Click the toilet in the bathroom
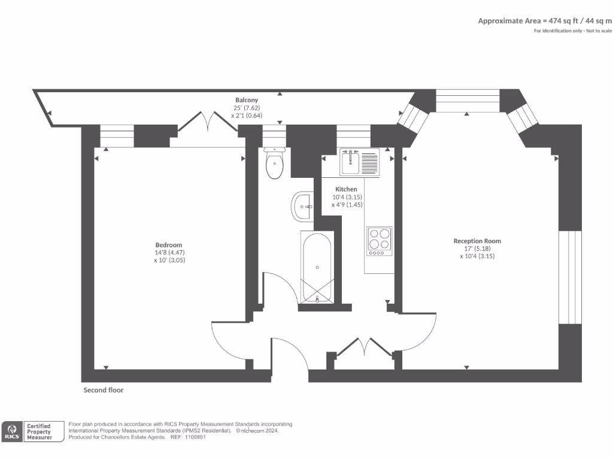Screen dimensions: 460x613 [x=274, y=165]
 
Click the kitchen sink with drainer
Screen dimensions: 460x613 [x=359, y=162]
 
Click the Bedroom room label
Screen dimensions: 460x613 [x=169, y=245]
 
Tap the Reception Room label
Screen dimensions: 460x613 [x=477, y=241]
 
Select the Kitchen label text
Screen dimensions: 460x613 [x=346, y=189]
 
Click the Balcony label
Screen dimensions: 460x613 [x=247, y=100]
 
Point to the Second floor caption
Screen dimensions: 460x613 [x=104, y=390]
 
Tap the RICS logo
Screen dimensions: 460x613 [x=12, y=431]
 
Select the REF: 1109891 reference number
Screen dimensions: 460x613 [x=188, y=437]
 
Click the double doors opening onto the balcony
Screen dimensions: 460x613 [x=208, y=122]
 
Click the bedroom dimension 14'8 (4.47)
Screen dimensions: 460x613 [x=169, y=253]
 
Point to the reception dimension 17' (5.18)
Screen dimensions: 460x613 [x=477, y=249]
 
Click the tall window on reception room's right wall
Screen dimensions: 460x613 [x=570, y=277]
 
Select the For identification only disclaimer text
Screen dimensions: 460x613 [x=573, y=31]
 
